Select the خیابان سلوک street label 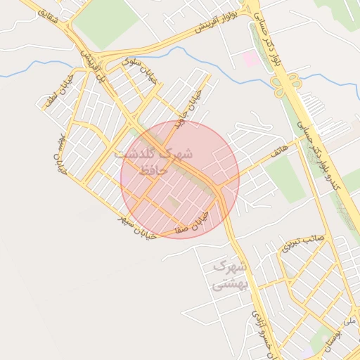(x=140, y=70)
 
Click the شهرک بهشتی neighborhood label (x=229, y=275)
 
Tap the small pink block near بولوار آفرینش (x=250, y=59)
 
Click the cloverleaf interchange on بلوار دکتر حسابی (x=285, y=84)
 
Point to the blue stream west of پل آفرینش (x=35, y=70)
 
